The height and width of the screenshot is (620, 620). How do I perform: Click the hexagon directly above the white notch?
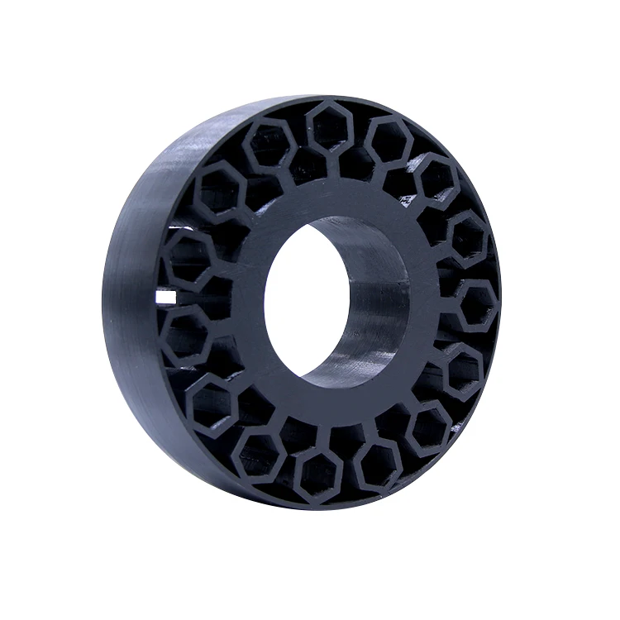pos(189,257)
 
